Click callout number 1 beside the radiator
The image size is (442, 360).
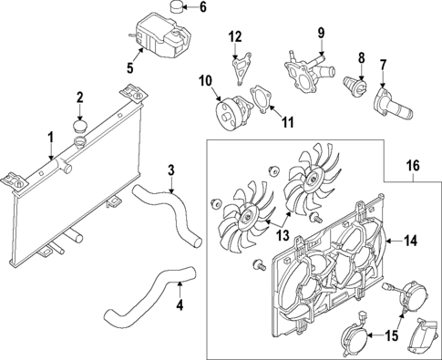click(x=50, y=138)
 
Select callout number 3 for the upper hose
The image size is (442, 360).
click(x=171, y=170)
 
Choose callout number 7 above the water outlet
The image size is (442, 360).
click(x=383, y=65)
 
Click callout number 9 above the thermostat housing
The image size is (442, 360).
click(x=321, y=34)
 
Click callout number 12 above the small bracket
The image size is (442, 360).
click(x=235, y=36)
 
